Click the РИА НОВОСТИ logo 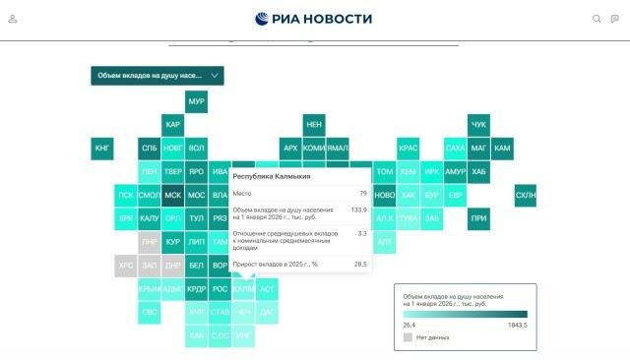pyautogui.click(x=314, y=19)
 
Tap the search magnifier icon pyautogui.click(x=597, y=19)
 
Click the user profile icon pyautogui.click(x=13, y=19)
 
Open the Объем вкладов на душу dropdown pyautogui.click(x=157, y=75)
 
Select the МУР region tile pyautogui.click(x=196, y=101)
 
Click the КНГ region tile pyautogui.click(x=102, y=149)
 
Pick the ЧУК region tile pyautogui.click(x=478, y=125)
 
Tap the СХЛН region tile pyautogui.click(x=526, y=196)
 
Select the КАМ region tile pyautogui.click(x=502, y=149)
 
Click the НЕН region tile pyautogui.click(x=314, y=125)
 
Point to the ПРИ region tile pyautogui.click(x=478, y=218)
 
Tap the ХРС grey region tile pyautogui.click(x=125, y=266)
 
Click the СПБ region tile pyautogui.click(x=149, y=149)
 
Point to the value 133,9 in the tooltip pyautogui.click(x=358, y=210)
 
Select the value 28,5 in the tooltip pyautogui.click(x=360, y=265)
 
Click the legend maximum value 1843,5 pyautogui.click(x=517, y=325)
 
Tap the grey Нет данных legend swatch pyautogui.click(x=409, y=336)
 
